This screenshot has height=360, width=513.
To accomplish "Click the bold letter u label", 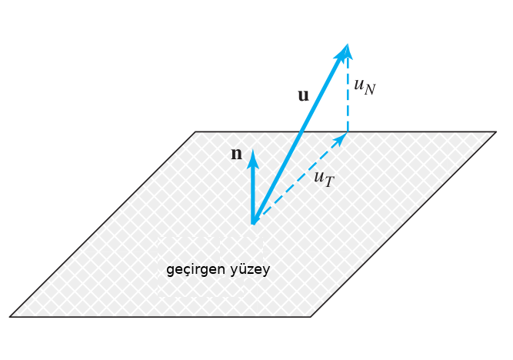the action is [303, 95].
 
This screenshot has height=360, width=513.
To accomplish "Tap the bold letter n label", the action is [237, 154].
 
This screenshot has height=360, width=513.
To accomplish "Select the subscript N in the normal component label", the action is [370, 89].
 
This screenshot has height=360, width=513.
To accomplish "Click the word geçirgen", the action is [195, 270].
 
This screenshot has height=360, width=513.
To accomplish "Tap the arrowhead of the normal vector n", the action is [252, 158].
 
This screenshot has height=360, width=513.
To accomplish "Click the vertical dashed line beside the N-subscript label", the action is [348, 95].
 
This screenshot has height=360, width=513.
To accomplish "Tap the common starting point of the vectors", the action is [252, 225].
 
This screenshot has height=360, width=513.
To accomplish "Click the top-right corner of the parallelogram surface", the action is [496, 132].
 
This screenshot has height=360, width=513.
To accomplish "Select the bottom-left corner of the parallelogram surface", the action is [10, 317].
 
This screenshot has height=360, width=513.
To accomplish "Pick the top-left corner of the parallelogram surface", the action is [195, 132].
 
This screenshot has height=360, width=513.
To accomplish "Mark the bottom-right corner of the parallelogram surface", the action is [311, 317].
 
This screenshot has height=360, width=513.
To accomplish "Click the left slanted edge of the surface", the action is [103, 224].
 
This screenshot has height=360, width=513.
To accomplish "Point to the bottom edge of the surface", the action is [160, 317].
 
